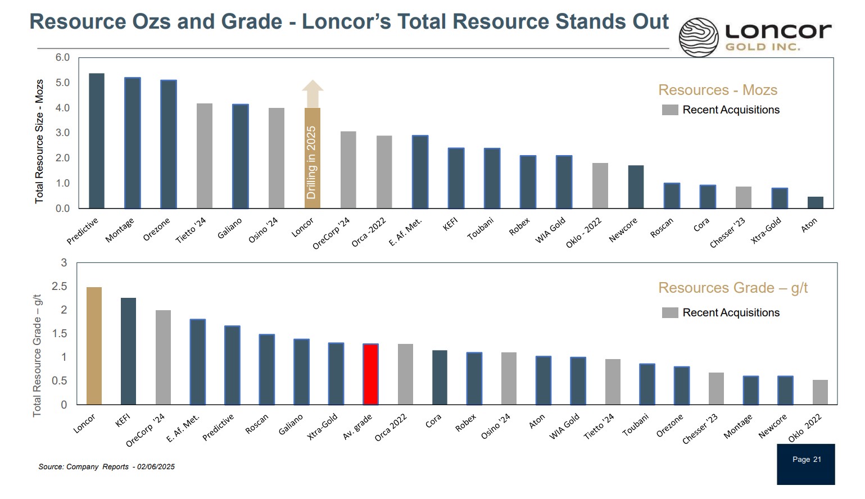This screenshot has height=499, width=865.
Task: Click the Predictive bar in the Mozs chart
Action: pos(97,141)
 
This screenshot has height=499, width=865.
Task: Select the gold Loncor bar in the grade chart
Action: pos(94,346)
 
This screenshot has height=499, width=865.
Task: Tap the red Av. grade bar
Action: pos(370,374)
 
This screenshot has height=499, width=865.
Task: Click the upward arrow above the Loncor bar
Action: pos(313,93)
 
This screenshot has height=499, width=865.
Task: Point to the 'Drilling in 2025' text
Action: pos(311,162)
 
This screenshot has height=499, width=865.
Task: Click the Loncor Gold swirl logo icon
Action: pos(699,37)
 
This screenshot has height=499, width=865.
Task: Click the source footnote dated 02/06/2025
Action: pos(106,466)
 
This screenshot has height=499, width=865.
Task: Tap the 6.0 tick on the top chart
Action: pos(62,57)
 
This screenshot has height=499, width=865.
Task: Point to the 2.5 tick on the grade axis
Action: pos(59,287)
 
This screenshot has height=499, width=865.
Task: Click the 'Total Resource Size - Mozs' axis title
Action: pos(39,141)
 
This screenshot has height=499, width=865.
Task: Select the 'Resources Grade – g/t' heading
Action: pos(732,288)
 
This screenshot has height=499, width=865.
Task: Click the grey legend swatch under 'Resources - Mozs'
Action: pos(670,110)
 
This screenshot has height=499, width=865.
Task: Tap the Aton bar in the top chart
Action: pos(815,202)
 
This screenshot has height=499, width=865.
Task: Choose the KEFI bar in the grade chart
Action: pos(128,351)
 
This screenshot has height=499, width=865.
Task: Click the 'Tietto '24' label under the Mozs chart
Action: pos(191,230)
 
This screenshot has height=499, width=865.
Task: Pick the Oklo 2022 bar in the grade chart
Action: pos(820,392)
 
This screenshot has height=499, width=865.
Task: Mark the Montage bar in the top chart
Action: pos(133,143)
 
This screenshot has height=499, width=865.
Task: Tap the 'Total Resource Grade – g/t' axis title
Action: pos(37,355)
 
